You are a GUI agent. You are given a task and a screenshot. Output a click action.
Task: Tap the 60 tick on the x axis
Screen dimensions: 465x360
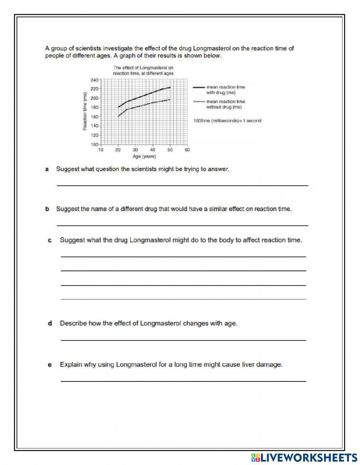187,150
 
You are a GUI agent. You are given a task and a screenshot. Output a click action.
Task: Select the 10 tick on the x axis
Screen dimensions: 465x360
101,150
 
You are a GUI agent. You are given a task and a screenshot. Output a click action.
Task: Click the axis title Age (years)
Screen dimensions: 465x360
144,156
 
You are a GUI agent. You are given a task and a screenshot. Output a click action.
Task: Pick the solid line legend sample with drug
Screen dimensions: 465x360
199,87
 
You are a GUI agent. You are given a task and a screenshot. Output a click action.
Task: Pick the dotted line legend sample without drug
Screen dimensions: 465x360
199,102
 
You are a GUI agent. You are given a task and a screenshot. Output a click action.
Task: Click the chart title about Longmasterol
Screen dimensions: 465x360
143,70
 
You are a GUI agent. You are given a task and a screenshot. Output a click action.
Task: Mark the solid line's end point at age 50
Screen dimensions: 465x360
170,88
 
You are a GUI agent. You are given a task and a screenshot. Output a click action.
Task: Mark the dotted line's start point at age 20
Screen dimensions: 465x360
118,116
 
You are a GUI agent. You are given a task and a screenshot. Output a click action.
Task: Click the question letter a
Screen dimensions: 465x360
47,169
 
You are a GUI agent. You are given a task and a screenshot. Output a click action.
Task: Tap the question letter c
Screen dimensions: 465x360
50,240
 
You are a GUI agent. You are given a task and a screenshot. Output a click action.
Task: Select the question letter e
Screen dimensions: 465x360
50,365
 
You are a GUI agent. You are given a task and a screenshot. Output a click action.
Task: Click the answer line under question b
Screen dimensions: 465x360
182,225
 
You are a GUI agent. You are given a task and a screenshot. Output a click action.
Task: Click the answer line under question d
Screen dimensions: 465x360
183,340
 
